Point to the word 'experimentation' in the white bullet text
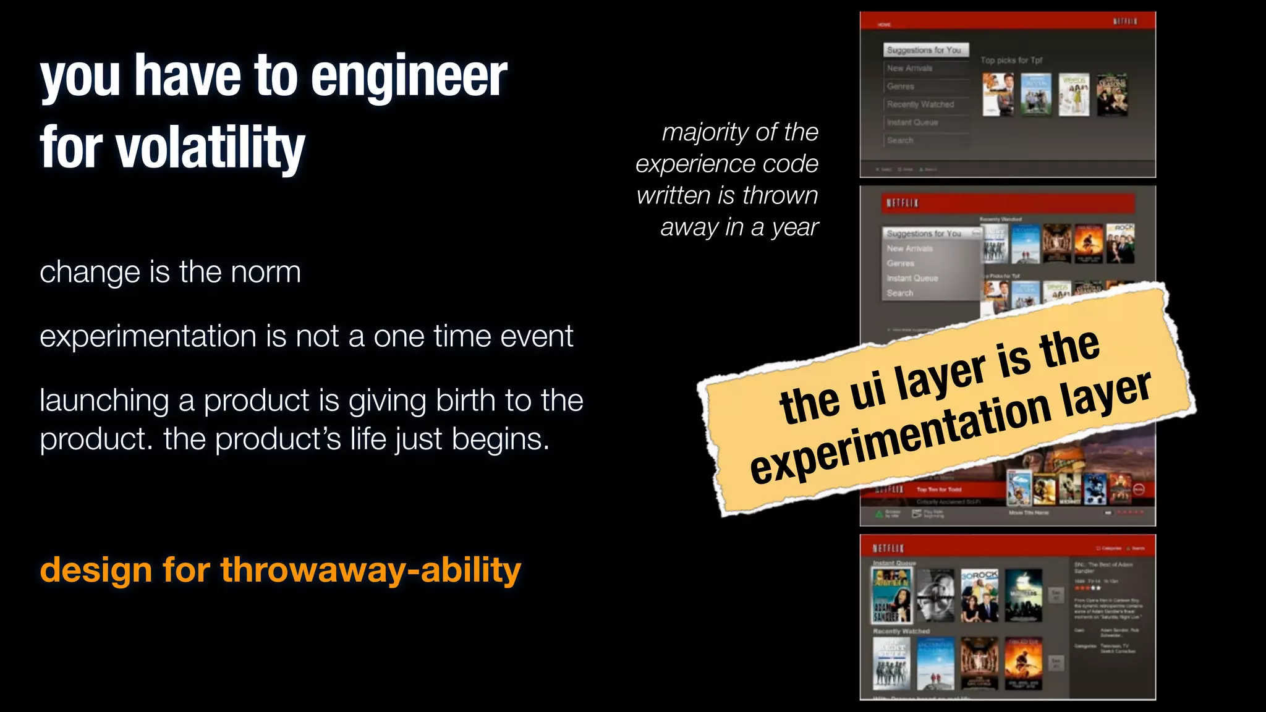click(x=148, y=336)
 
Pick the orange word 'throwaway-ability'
click(x=371, y=569)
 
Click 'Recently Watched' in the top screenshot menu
click(x=920, y=104)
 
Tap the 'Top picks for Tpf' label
click(x=1011, y=60)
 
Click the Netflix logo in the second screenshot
click(x=902, y=203)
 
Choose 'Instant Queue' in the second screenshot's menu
click(x=912, y=278)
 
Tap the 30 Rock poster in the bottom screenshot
click(x=979, y=595)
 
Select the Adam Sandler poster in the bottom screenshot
click(x=891, y=595)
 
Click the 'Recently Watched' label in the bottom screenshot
click(x=901, y=631)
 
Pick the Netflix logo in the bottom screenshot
click(x=888, y=548)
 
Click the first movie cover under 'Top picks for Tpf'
click(x=997, y=95)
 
